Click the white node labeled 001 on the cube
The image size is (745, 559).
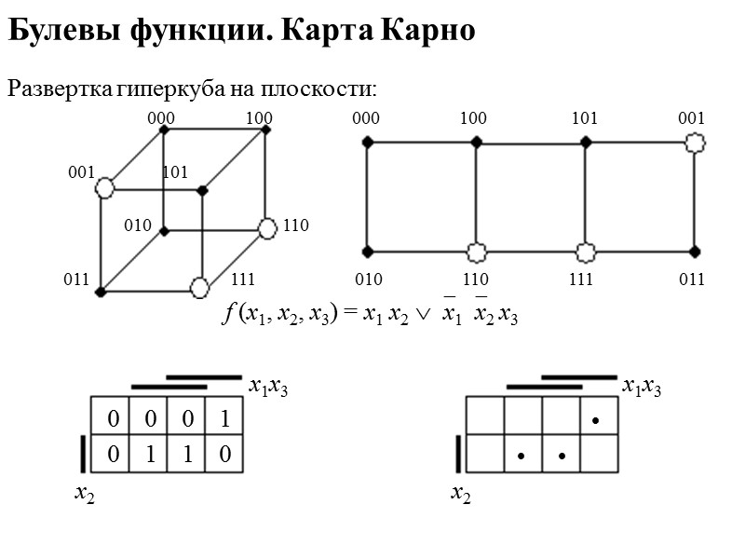pos(104,188)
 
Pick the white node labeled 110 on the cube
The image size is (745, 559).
pos(268,227)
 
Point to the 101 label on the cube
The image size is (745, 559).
pos(175,172)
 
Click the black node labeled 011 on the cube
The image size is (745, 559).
pos(101,292)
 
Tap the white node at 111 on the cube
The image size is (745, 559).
pos(199,288)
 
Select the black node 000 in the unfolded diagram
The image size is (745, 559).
pos(367,142)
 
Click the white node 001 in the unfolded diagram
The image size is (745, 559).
pos(694,142)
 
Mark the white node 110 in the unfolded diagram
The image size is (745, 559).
pos(476,252)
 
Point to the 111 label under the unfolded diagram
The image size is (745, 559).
pos(582,279)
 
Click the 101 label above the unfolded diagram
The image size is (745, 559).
pos(584,118)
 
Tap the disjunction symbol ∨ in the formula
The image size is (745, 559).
pos(422,317)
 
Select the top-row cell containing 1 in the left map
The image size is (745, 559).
pos(224,420)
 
